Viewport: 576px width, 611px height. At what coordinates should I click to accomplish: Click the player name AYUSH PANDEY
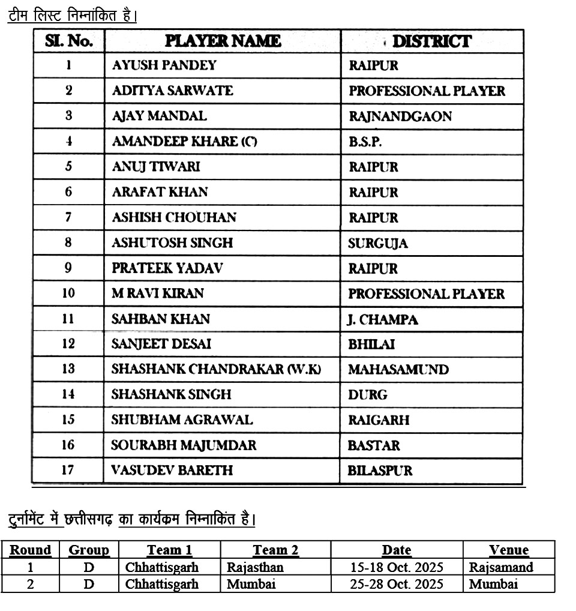point(164,65)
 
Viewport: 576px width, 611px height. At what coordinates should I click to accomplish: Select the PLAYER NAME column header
point(223,41)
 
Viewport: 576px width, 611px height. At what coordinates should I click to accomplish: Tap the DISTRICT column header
point(431,41)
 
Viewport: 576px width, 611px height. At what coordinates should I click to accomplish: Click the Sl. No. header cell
point(68,41)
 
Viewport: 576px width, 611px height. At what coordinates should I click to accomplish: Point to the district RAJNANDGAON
point(400,116)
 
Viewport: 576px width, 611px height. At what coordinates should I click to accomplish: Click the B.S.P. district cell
point(365,142)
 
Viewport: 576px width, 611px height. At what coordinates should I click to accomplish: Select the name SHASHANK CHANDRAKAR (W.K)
point(216,369)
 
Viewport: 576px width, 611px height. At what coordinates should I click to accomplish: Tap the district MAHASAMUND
point(398,369)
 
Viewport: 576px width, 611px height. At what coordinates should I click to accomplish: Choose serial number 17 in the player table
point(68,469)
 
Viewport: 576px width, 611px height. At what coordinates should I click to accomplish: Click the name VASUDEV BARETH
point(172,469)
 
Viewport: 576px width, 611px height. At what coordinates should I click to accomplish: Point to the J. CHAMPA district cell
point(383,319)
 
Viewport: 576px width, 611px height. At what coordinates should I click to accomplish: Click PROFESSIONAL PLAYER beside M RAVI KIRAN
point(427,294)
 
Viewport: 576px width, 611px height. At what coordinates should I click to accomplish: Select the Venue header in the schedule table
point(508,550)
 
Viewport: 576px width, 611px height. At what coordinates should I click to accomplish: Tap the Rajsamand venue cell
point(501,567)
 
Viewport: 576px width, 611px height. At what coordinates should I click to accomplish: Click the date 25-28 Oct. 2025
point(397,583)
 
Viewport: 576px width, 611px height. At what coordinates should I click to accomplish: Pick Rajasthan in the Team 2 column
point(255,567)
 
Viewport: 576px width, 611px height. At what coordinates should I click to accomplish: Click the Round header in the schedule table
point(30,550)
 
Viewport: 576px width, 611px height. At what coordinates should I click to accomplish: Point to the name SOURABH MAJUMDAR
point(184,445)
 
